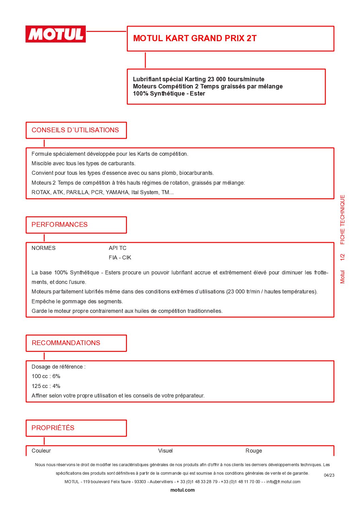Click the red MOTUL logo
[x=55, y=34]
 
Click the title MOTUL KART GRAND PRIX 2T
[x=195, y=38]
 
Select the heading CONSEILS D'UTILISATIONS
[x=75, y=130]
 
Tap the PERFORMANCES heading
[x=60, y=225]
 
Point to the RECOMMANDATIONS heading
[x=66, y=343]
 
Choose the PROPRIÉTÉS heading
[x=53, y=428]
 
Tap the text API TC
[x=117, y=248]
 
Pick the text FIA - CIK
[x=120, y=258]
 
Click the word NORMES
[x=43, y=248]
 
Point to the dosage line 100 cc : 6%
[x=46, y=376]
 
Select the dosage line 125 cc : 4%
[x=46, y=386]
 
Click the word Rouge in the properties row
[x=253, y=451]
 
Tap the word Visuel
[x=165, y=451]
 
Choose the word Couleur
[x=41, y=451]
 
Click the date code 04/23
[x=329, y=475]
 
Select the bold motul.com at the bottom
[x=182, y=490]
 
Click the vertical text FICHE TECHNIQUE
[x=343, y=220]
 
